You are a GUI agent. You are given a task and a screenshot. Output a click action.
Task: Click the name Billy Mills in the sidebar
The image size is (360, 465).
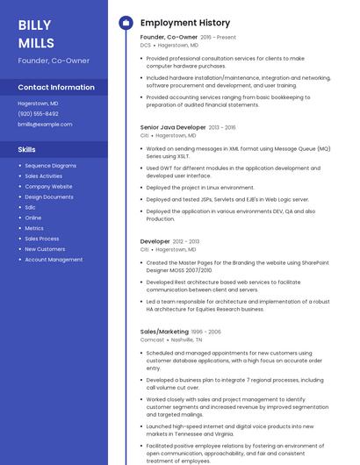point(36,34)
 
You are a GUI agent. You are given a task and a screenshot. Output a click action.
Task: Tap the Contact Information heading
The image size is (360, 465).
point(56,88)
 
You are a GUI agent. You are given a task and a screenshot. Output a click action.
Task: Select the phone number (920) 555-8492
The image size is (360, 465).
point(39,114)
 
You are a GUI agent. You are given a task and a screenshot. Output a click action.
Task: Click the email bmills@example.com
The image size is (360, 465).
point(45,125)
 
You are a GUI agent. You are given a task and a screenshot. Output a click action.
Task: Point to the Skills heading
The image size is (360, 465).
point(27,150)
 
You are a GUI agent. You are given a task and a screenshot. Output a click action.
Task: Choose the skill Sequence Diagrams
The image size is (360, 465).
point(50,166)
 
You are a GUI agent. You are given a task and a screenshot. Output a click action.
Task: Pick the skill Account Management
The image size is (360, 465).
point(54,260)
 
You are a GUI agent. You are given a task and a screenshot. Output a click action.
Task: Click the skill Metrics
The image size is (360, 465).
point(34,228)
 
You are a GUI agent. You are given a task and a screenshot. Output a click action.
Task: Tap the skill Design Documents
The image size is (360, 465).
point(49,197)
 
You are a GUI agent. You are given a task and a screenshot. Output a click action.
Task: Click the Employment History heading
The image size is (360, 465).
point(185,23)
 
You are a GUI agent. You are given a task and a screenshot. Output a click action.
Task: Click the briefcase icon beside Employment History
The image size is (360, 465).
point(125,23)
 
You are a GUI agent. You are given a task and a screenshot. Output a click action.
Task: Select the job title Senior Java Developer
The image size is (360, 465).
point(173,127)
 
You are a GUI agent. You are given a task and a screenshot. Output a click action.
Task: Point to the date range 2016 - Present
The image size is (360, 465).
point(218,38)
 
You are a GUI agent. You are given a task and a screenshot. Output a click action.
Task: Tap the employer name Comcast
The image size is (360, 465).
point(152,340)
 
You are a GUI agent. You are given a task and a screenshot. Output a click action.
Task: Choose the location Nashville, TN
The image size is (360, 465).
point(187,340)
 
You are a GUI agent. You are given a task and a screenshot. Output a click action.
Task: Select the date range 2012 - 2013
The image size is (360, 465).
point(186,241)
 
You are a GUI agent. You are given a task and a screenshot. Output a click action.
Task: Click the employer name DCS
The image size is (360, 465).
point(146,45)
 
